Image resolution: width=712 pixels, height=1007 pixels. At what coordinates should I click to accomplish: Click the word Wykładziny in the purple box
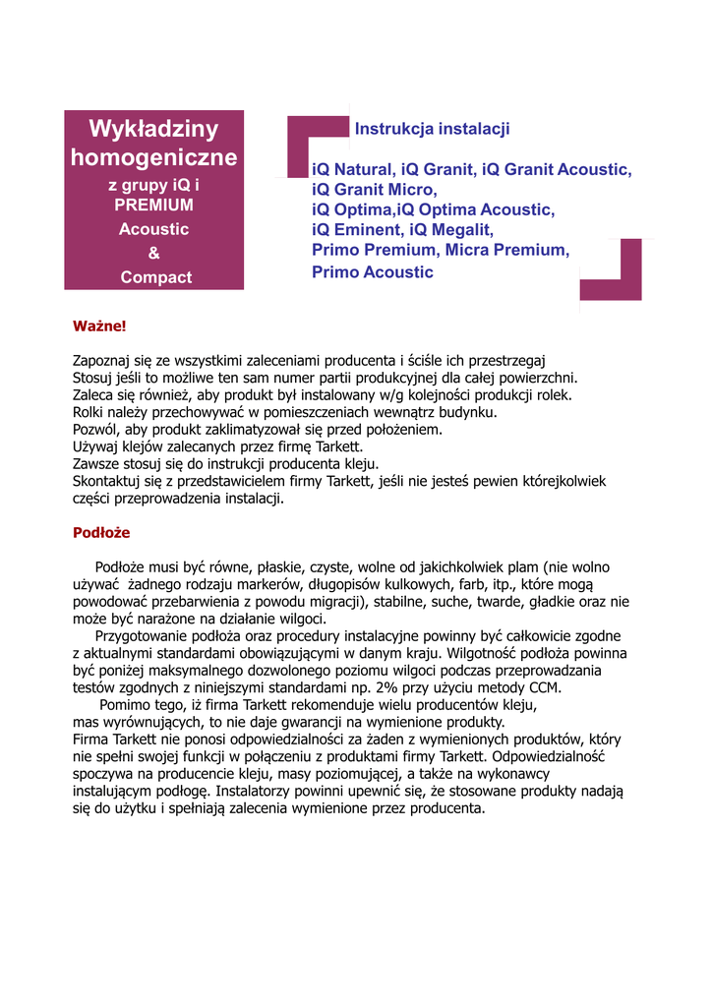(153, 129)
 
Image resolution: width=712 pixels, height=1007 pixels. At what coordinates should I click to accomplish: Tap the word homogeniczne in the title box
(153, 157)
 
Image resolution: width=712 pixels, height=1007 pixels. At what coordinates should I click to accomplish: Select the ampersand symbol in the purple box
(153, 253)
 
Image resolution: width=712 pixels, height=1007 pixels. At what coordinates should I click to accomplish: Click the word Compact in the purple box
(155, 277)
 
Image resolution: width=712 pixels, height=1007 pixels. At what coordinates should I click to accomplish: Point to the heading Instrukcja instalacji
(432, 129)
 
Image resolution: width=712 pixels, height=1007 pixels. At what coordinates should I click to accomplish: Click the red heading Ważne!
(99, 326)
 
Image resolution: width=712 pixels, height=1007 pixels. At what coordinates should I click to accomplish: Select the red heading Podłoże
(101, 532)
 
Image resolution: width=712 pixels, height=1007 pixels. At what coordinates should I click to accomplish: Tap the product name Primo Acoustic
(372, 272)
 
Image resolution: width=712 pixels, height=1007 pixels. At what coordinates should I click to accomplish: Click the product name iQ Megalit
(451, 230)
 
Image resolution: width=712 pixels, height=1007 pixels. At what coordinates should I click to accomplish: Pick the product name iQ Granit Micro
(373, 190)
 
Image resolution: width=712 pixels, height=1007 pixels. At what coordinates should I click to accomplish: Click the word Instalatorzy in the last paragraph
(258, 791)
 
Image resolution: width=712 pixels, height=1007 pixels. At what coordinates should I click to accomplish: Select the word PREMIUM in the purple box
(153, 206)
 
